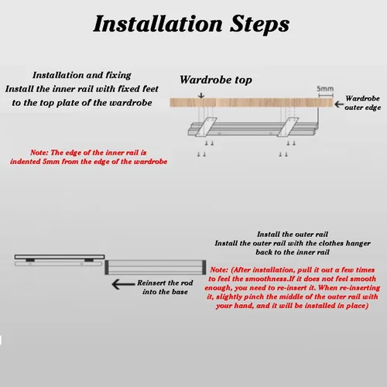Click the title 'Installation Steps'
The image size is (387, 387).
(191, 24)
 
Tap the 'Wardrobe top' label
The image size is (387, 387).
(216, 80)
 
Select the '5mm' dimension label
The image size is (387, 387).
(325, 88)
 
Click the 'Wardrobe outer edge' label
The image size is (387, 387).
(362, 103)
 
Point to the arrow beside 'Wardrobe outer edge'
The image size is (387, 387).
(339, 104)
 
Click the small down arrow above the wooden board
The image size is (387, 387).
(201, 95)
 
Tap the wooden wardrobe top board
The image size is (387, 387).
(252, 102)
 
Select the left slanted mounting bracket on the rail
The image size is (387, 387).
(206, 127)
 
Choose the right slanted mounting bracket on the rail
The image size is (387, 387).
(288, 127)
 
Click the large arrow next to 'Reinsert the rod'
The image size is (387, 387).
(123, 284)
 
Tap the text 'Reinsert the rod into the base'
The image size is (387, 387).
(165, 287)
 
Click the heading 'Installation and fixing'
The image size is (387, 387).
(82, 75)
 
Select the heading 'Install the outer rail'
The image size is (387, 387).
(293, 234)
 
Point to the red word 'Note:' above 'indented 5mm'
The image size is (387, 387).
(39, 152)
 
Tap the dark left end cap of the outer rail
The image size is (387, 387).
(107, 267)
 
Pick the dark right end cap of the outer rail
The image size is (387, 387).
(204, 267)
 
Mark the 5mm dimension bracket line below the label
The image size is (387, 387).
(326, 95)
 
